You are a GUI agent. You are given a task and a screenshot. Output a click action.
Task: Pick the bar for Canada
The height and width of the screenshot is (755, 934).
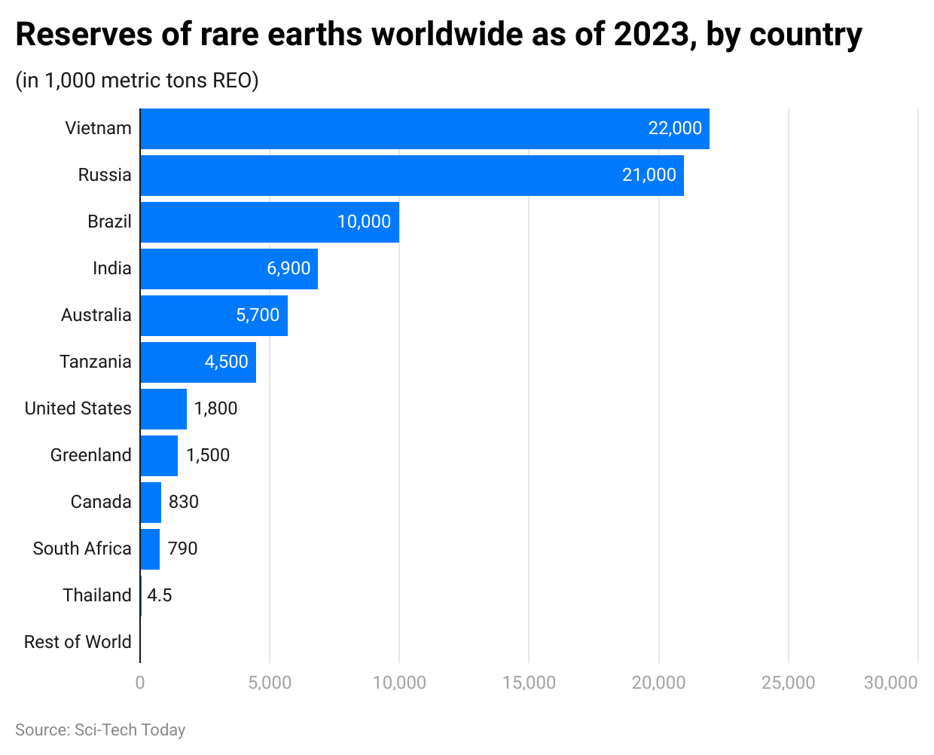(151, 503)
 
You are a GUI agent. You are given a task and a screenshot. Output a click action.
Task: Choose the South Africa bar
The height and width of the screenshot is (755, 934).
(150, 549)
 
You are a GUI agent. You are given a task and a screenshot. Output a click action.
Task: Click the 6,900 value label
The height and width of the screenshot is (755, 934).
(288, 268)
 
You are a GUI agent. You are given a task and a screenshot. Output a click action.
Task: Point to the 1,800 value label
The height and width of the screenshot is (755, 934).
(215, 408)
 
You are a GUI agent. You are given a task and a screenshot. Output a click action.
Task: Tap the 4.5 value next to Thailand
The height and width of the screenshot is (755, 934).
(160, 595)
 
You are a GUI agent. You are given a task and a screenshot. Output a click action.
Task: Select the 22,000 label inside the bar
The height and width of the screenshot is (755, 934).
(675, 128)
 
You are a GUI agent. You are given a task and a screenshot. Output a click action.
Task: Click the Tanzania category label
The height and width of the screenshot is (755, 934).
(96, 362)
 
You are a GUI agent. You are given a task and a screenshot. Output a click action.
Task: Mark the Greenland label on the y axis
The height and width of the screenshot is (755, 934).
(91, 455)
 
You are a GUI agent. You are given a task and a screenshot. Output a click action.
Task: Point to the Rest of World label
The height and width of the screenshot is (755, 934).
(78, 642)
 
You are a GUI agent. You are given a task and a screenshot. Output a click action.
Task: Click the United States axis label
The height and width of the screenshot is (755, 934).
(78, 408)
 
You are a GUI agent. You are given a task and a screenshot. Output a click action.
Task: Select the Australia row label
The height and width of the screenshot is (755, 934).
(96, 315)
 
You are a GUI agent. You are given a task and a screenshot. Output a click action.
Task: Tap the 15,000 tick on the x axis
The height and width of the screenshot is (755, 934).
(529, 683)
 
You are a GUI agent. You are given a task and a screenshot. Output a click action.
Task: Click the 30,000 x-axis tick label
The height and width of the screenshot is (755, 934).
(890, 683)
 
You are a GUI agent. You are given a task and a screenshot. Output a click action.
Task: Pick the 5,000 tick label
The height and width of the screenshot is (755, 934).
(270, 683)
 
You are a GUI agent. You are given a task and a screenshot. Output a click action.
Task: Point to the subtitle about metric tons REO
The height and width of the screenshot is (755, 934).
(137, 80)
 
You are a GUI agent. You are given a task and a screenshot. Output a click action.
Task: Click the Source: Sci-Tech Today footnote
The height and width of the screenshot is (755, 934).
(100, 730)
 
